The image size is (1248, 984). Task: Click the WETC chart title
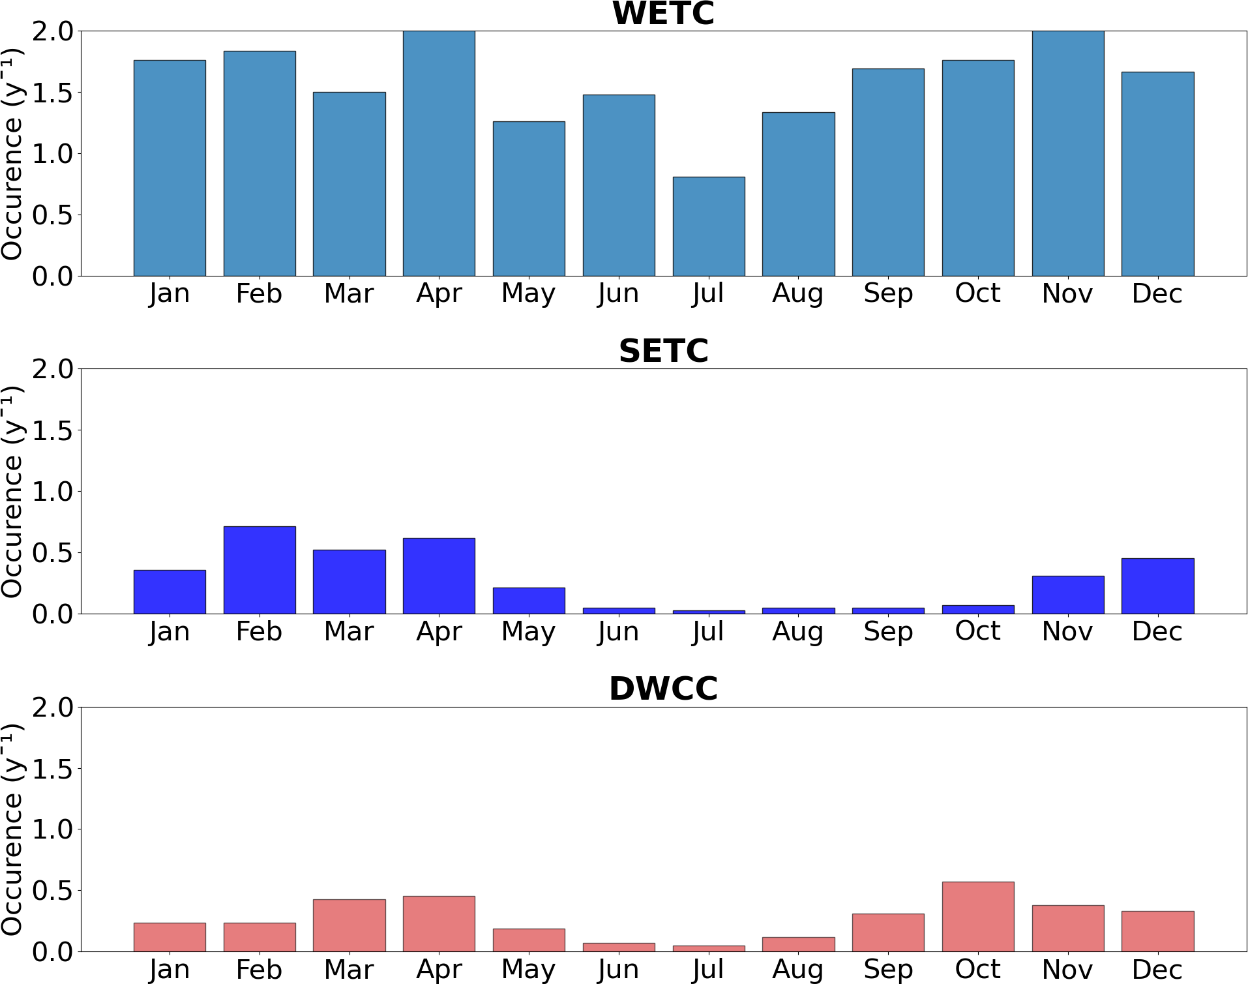pos(663,13)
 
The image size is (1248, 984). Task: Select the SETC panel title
pos(663,351)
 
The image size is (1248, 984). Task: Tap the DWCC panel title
pos(663,689)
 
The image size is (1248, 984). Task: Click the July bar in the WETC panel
pos(709,226)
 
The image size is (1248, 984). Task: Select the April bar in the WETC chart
pos(439,153)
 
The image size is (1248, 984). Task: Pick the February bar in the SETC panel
pos(260,570)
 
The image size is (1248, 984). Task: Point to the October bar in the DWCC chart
pos(978,916)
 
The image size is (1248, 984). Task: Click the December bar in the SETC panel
pos(1157,586)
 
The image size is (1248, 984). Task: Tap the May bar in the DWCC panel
pos(529,940)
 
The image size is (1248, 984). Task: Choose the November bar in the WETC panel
pos(1068,153)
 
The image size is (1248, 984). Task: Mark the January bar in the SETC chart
pos(170,591)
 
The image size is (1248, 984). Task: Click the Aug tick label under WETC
pos(798,294)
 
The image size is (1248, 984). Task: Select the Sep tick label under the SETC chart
pos(888,632)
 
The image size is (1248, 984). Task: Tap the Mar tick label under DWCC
pos(349,970)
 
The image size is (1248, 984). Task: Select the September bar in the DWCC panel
pos(888,932)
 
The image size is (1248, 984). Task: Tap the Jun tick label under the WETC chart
pos(619,294)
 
